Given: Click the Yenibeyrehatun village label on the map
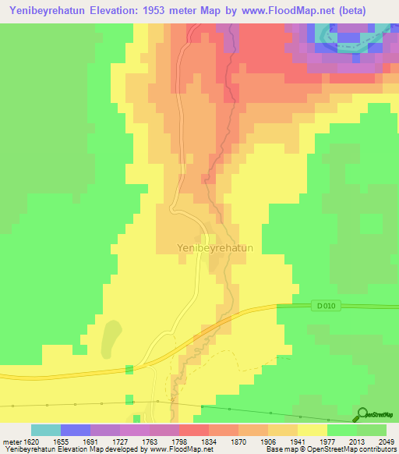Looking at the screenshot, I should (204, 247).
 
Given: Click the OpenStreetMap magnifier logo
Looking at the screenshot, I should (362, 414).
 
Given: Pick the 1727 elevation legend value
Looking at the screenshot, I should (120, 442).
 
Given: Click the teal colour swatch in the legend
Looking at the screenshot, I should (46, 430).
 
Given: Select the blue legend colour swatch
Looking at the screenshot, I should (76, 430).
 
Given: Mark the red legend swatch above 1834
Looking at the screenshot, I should (194, 430).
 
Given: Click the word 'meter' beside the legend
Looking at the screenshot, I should (11, 442).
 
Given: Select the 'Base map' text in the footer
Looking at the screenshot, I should (278, 450).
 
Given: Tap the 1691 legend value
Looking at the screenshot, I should (90, 442).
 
